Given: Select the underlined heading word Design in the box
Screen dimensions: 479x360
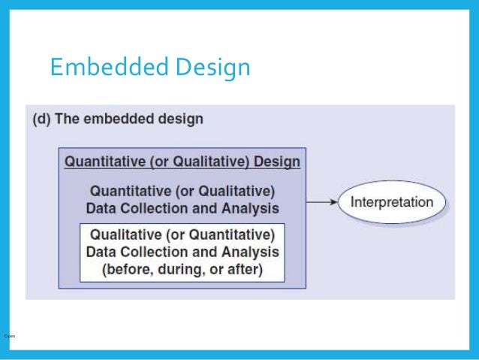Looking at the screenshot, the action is pyautogui.click(x=277, y=162).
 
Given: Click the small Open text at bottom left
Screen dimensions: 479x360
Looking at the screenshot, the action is pyautogui.click(x=9, y=335).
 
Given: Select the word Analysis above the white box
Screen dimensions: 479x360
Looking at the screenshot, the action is pyautogui.click(x=251, y=208).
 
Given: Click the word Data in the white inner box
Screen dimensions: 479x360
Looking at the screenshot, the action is pyautogui.click(x=103, y=251).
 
